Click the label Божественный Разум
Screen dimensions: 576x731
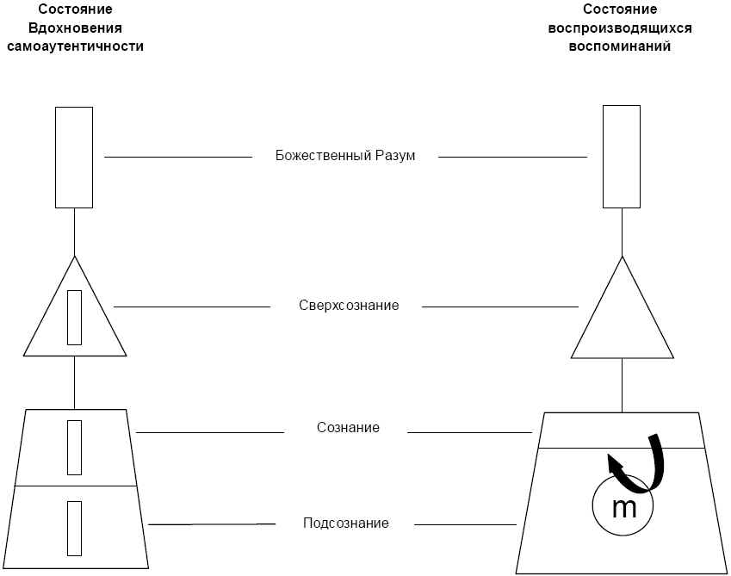(x=345, y=157)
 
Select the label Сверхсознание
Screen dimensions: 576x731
(x=349, y=306)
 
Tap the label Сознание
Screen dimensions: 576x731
(x=348, y=428)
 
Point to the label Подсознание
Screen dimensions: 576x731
(x=346, y=523)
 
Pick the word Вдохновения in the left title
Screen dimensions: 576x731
(x=75, y=28)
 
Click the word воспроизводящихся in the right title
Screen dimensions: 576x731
(x=620, y=28)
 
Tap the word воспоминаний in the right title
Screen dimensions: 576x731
(x=620, y=46)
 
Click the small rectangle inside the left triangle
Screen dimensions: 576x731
(x=75, y=318)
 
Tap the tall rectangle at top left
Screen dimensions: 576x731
(x=74, y=157)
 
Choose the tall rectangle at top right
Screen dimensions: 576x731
(x=622, y=156)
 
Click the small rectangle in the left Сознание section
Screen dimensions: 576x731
(x=75, y=447)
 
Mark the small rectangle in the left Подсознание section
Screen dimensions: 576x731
(x=75, y=529)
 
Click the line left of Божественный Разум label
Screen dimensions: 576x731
(x=177, y=158)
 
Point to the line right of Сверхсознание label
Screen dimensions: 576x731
(x=499, y=307)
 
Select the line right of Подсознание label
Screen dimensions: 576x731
(x=465, y=524)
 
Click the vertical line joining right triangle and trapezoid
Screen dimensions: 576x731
(x=622, y=385)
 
